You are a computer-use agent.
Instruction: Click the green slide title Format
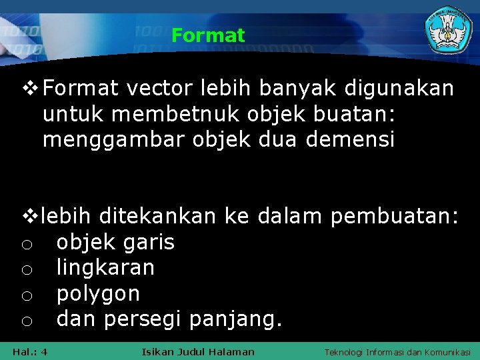click(208, 35)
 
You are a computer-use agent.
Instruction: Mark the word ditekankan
click(158, 216)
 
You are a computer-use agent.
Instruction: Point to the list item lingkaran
click(105, 268)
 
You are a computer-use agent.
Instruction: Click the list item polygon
click(98, 294)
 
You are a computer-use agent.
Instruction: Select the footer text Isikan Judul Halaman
click(198, 351)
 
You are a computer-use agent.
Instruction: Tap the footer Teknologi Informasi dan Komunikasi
click(397, 351)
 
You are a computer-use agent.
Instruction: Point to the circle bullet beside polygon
click(25, 295)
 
